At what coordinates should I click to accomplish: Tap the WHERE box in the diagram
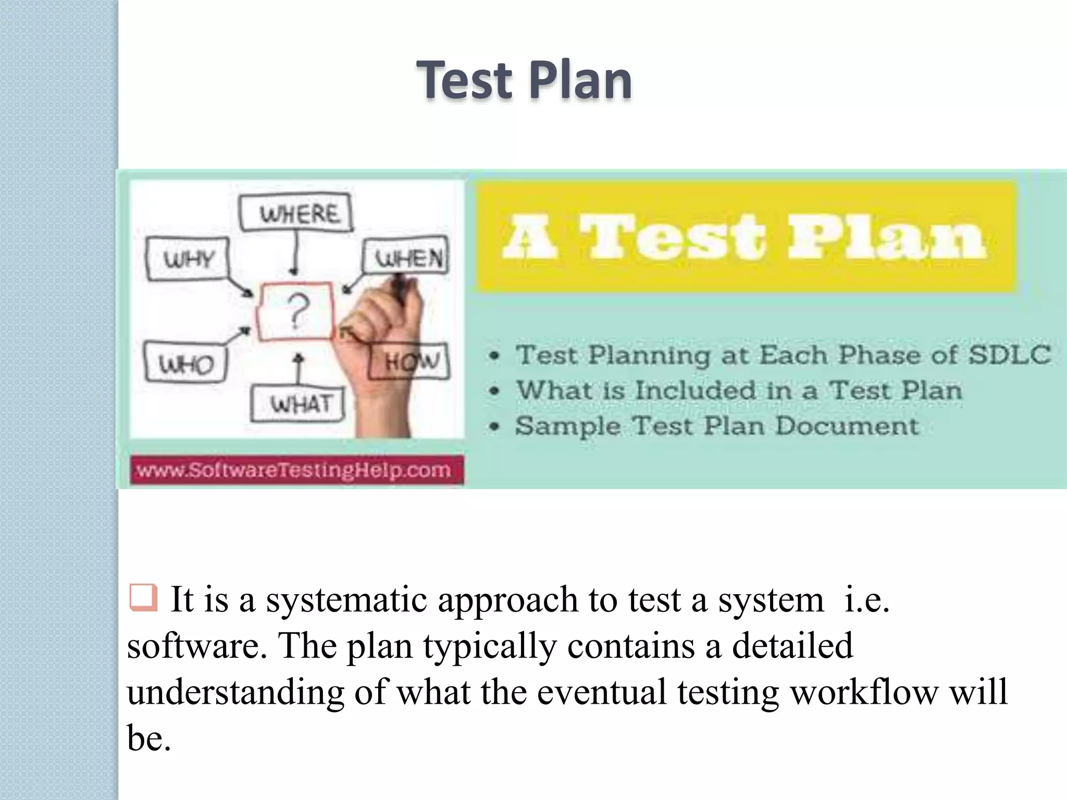(x=296, y=213)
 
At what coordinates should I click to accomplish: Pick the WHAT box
(x=299, y=404)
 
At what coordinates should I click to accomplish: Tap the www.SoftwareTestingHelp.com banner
(x=295, y=470)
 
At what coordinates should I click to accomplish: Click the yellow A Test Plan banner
(x=746, y=237)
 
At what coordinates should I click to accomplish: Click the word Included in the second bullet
(x=696, y=391)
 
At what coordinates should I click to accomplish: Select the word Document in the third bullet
(x=847, y=426)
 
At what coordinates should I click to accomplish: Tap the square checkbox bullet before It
(x=143, y=597)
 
